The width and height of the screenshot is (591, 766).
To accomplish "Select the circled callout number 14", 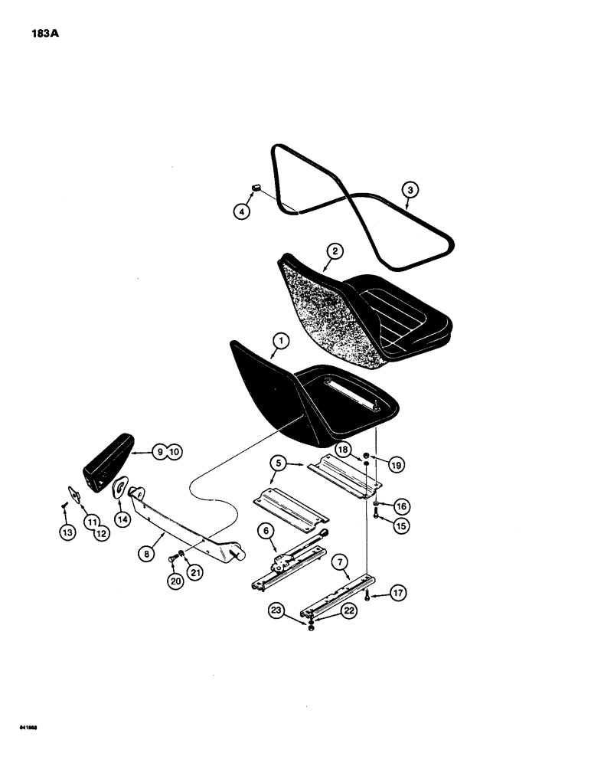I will point(120,519).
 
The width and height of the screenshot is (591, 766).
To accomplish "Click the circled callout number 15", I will point(399,525).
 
